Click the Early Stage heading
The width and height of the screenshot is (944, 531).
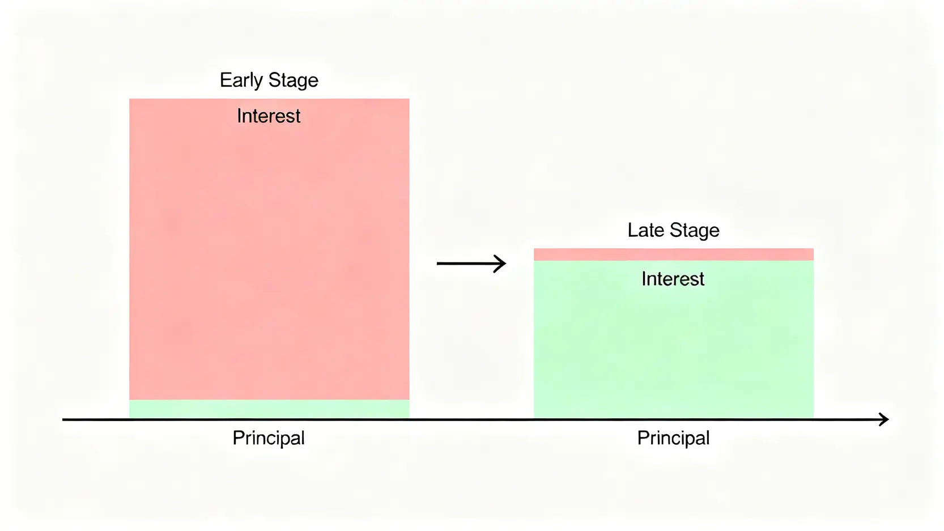tap(269, 80)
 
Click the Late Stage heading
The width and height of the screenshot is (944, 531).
tap(673, 231)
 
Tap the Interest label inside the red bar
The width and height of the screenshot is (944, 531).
tap(269, 116)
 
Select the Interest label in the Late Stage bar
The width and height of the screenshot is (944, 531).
tap(673, 279)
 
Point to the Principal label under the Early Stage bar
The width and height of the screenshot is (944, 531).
tap(269, 438)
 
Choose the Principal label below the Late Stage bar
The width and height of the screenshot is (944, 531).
tap(673, 438)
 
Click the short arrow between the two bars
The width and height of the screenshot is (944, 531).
tap(471, 264)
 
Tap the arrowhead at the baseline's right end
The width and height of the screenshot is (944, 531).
tap(884, 419)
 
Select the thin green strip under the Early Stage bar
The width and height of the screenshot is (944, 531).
tap(269, 409)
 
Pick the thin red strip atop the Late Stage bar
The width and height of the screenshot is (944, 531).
tap(674, 254)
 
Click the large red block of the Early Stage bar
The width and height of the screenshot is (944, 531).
tap(269, 249)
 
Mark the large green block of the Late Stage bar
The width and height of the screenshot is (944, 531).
tap(674, 339)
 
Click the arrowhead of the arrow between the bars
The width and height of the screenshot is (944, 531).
tap(500, 264)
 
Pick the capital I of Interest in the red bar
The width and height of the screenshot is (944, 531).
tap(239, 116)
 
